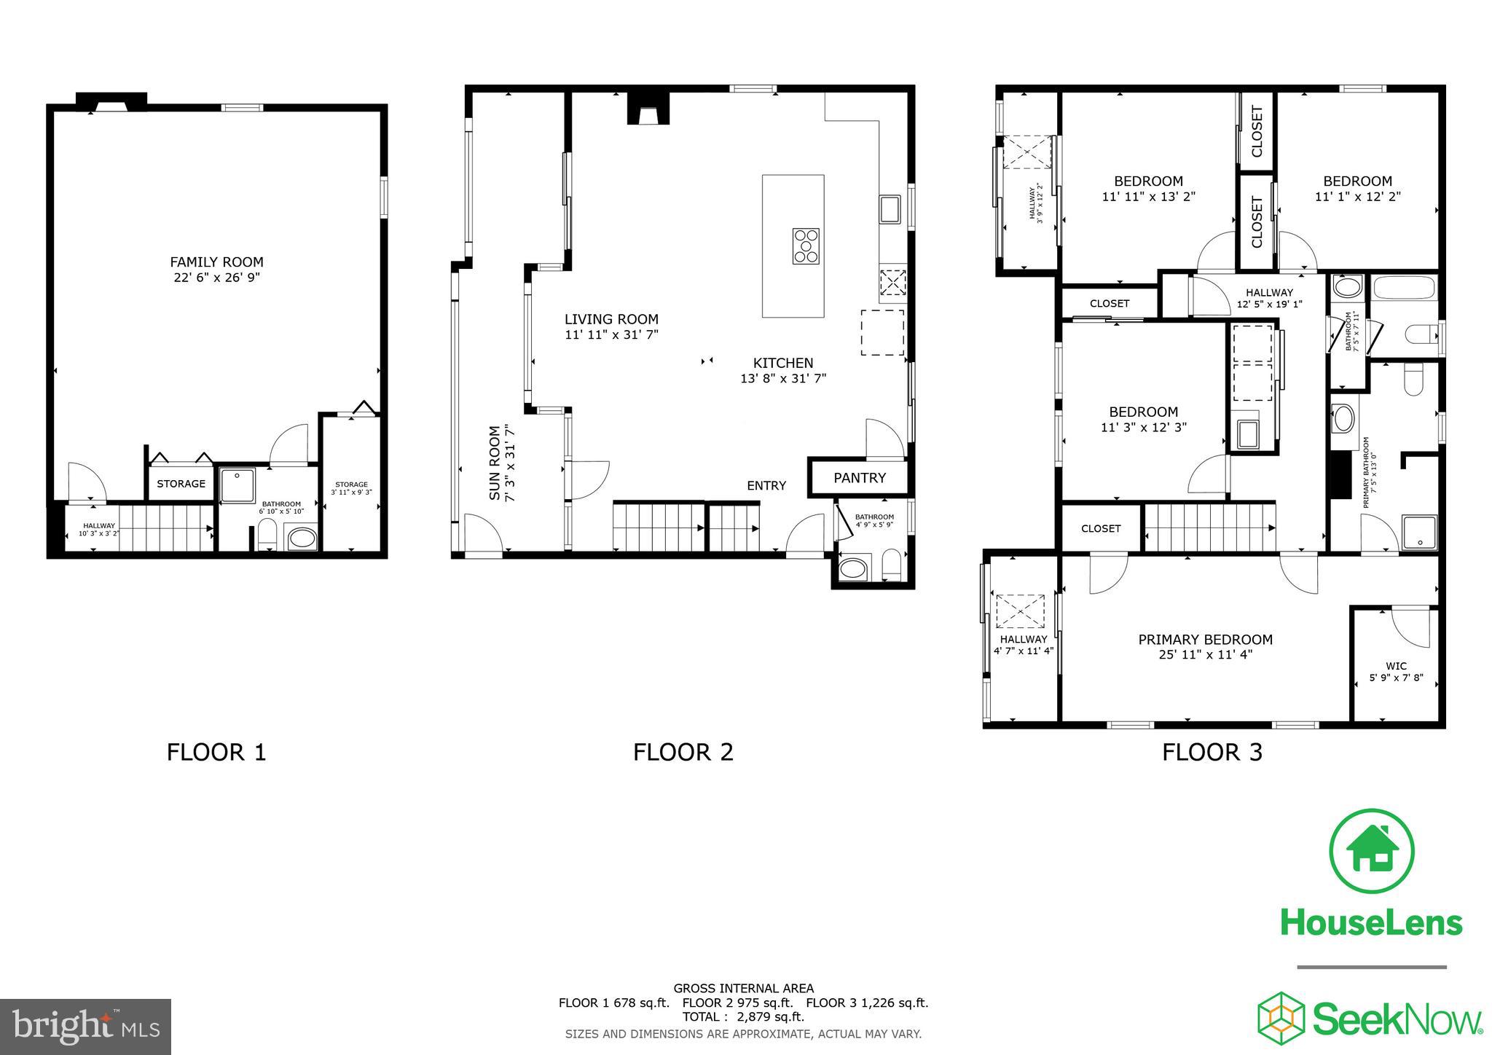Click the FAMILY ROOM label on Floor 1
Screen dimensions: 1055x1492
pos(216,262)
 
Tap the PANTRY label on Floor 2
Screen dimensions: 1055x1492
pos(860,478)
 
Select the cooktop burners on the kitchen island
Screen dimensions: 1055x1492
pos(806,246)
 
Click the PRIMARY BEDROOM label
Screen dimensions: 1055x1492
pos(1205,640)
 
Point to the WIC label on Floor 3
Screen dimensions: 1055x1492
pos(1396,666)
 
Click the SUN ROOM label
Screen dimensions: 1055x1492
pos(495,463)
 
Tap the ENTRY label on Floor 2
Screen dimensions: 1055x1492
pos(766,486)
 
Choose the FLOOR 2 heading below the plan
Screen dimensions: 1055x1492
pos(683,752)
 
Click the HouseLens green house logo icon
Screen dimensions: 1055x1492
pos(1371,851)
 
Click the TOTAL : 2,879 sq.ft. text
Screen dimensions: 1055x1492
pos(743,1017)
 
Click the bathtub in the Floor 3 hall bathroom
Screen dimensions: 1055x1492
pos(1405,307)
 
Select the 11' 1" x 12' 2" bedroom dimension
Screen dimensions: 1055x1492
pos(1357,197)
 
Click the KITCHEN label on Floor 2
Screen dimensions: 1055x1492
pos(782,363)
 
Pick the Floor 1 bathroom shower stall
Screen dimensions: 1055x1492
pos(237,485)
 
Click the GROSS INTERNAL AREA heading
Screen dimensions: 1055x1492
pos(743,989)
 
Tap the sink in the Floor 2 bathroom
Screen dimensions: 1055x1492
pos(855,568)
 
